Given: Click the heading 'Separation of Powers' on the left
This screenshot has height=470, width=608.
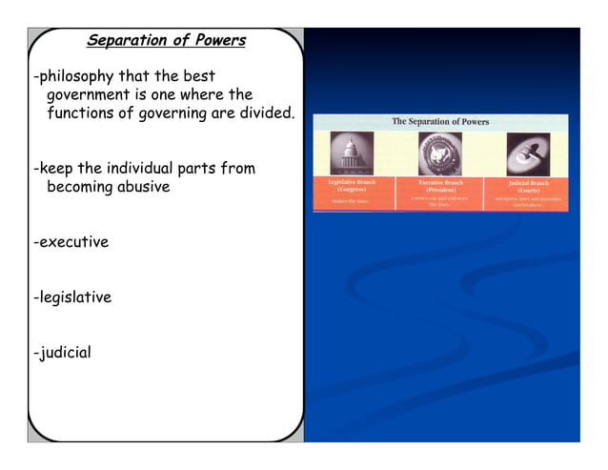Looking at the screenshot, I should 166,41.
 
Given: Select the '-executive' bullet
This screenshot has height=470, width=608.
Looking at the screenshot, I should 71,242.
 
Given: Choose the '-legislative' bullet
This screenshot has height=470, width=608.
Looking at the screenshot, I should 71,297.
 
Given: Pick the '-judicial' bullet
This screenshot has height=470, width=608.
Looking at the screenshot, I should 62,353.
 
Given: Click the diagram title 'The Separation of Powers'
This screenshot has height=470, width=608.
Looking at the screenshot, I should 440,121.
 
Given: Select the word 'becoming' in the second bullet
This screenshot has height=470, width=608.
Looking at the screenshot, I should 79,187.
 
